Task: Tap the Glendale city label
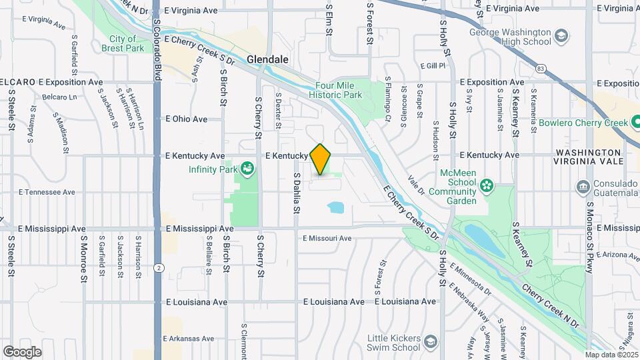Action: (267, 59)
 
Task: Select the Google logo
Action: (22, 351)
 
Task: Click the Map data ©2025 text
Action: (611, 355)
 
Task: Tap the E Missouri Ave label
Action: (327, 238)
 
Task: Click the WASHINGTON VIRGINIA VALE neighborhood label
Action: (589, 157)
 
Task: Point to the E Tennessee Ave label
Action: (47, 192)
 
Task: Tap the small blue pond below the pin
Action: (336, 208)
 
